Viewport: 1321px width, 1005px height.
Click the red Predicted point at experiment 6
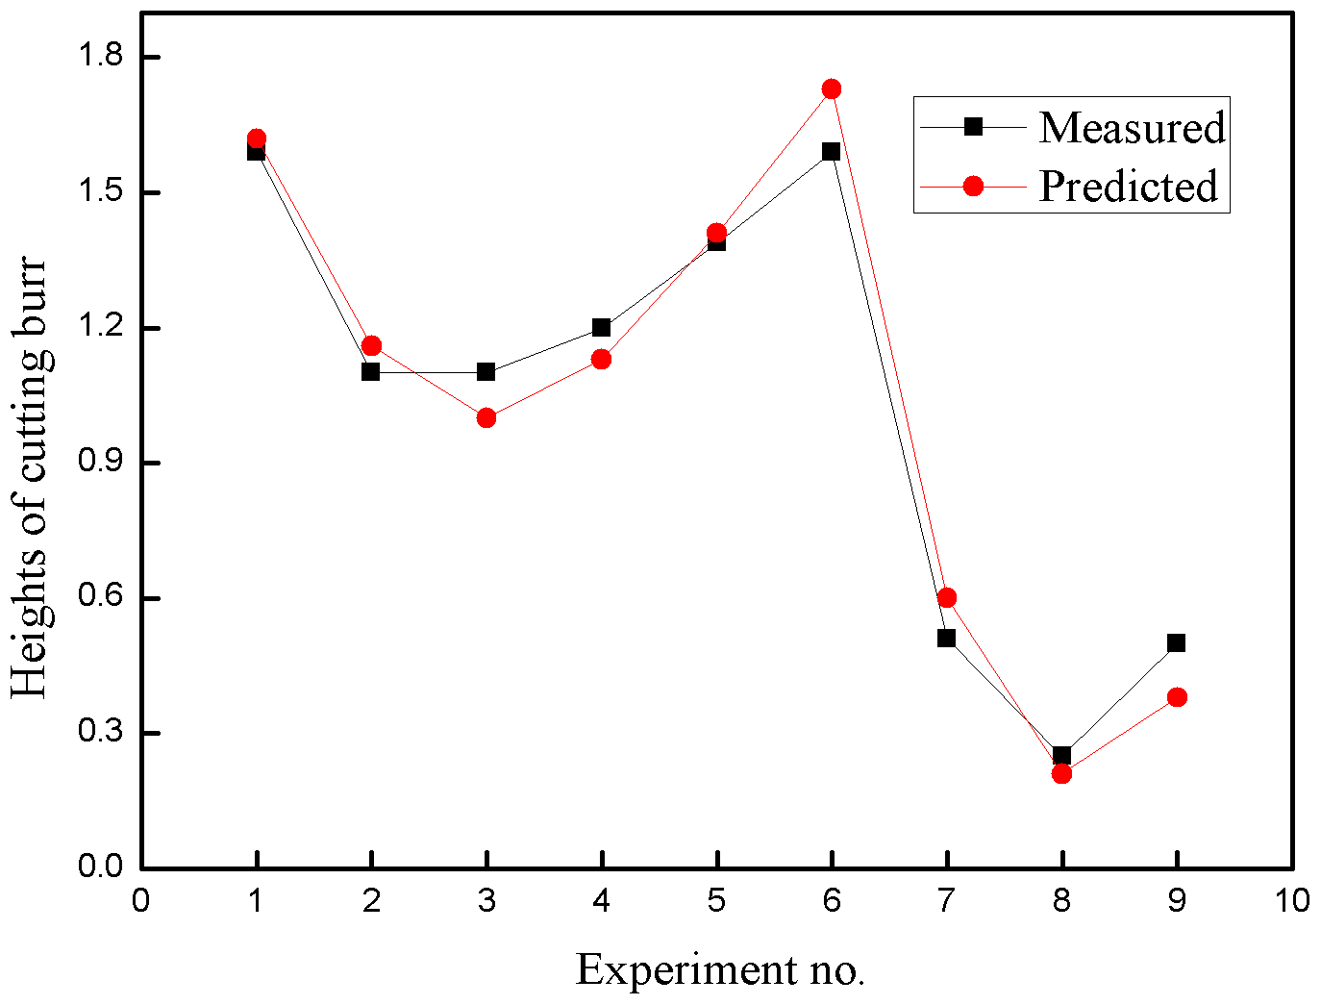tap(832, 89)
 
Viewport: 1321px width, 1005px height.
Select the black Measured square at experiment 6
tap(832, 151)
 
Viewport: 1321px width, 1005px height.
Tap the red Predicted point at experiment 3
tap(486, 417)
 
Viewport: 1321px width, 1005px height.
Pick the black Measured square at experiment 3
tap(486, 372)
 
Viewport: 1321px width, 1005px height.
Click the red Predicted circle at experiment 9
tap(1177, 697)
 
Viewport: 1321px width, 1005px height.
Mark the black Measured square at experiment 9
tap(1177, 642)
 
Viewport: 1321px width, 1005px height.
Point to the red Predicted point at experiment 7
tap(947, 598)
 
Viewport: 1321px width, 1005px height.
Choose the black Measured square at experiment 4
tap(602, 328)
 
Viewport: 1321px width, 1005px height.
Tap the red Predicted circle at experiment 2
tap(371, 346)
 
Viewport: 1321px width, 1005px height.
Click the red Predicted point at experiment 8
tap(1061, 773)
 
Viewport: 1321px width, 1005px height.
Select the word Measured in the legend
tap(1132, 127)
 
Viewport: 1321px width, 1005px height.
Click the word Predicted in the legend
tap(1128, 186)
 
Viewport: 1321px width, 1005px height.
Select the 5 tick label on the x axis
tap(717, 901)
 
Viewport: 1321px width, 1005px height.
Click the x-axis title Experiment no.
tap(720, 969)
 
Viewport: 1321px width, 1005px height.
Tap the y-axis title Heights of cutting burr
tap(30, 478)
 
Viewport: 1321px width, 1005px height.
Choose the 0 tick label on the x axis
tap(141, 901)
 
